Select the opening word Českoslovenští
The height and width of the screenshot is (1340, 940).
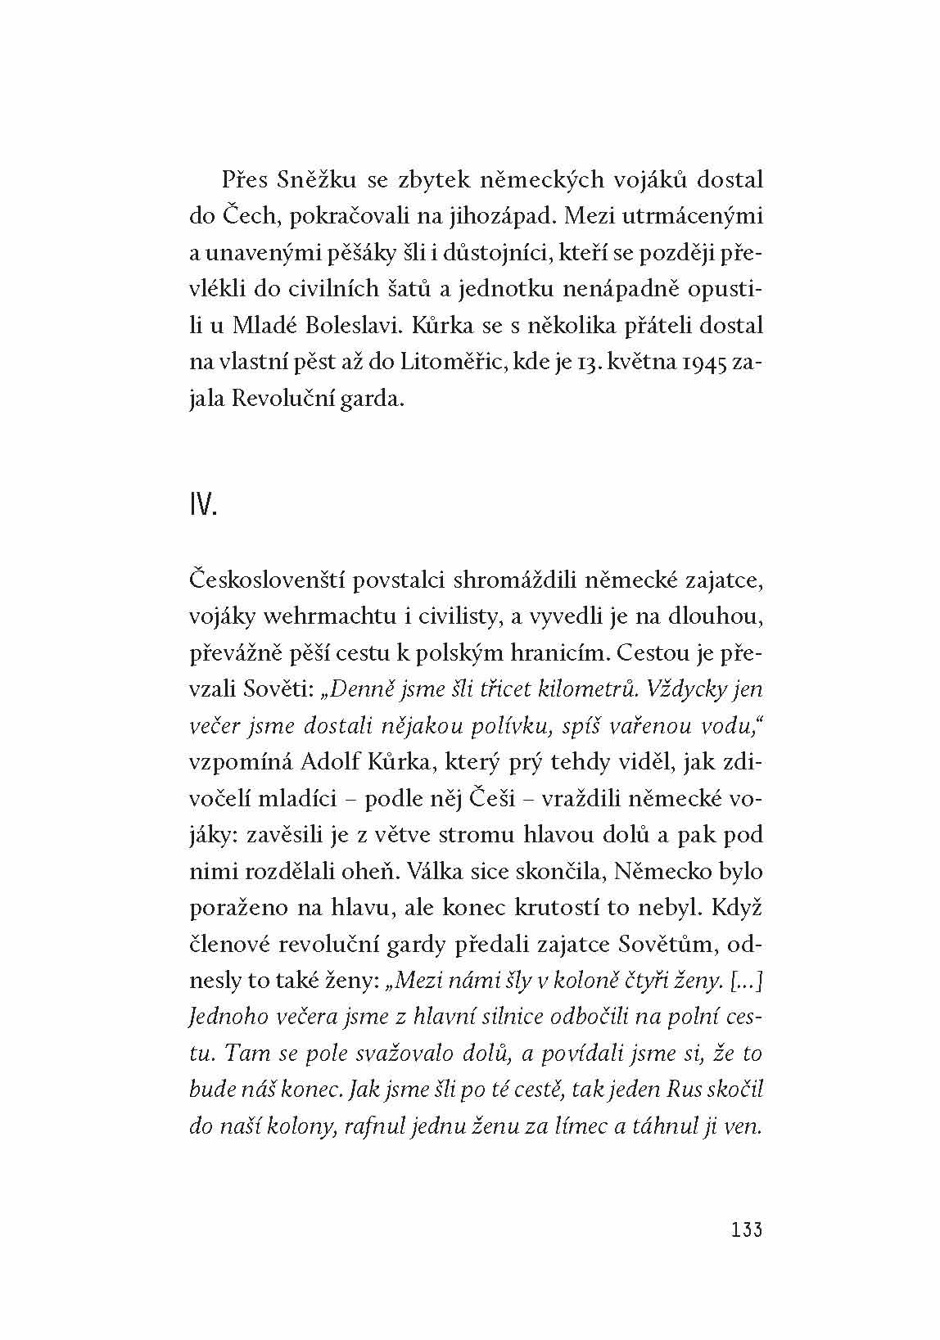[257, 580]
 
